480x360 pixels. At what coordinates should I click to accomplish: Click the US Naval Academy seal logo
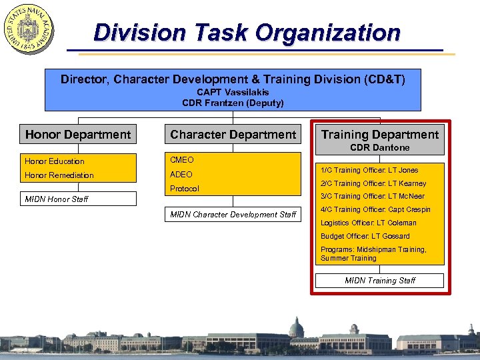click(x=29, y=29)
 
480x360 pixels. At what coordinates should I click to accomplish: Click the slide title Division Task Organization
click(x=247, y=32)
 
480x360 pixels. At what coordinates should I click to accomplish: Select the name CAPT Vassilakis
click(x=233, y=92)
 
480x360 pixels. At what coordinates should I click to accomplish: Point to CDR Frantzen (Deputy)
click(x=233, y=103)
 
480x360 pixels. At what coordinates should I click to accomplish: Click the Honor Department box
click(x=78, y=135)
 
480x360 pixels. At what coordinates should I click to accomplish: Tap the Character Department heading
click(x=233, y=135)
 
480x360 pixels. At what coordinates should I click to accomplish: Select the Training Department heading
click(x=380, y=135)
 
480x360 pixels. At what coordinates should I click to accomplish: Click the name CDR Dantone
click(x=380, y=147)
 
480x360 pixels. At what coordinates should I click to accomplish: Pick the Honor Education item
click(x=55, y=161)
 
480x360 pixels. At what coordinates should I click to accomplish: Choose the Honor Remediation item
click(x=59, y=175)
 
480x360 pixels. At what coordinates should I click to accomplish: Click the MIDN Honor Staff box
click(x=78, y=199)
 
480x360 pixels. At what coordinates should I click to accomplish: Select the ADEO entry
click(x=181, y=175)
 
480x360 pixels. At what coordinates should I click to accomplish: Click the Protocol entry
click(x=185, y=189)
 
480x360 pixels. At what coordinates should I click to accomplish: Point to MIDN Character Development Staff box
click(x=233, y=214)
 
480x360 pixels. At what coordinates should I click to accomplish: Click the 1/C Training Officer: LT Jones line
click(x=369, y=171)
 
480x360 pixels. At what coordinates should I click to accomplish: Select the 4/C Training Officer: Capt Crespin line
click(x=375, y=210)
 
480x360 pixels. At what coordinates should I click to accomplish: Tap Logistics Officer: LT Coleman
click(x=369, y=223)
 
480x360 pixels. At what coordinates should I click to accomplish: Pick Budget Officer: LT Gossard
click(x=365, y=236)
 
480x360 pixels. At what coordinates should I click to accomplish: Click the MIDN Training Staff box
click(x=380, y=281)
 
